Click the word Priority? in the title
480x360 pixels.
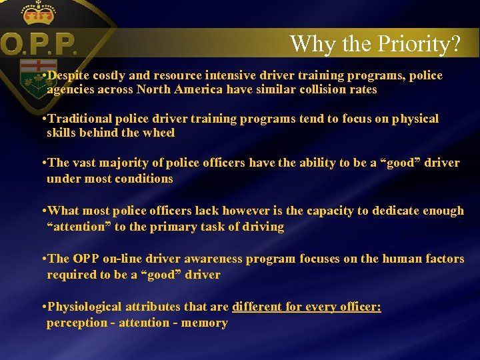(x=419, y=45)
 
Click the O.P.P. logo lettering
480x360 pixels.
(x=39, y=46)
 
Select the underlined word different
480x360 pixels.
(x=257, y=307)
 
